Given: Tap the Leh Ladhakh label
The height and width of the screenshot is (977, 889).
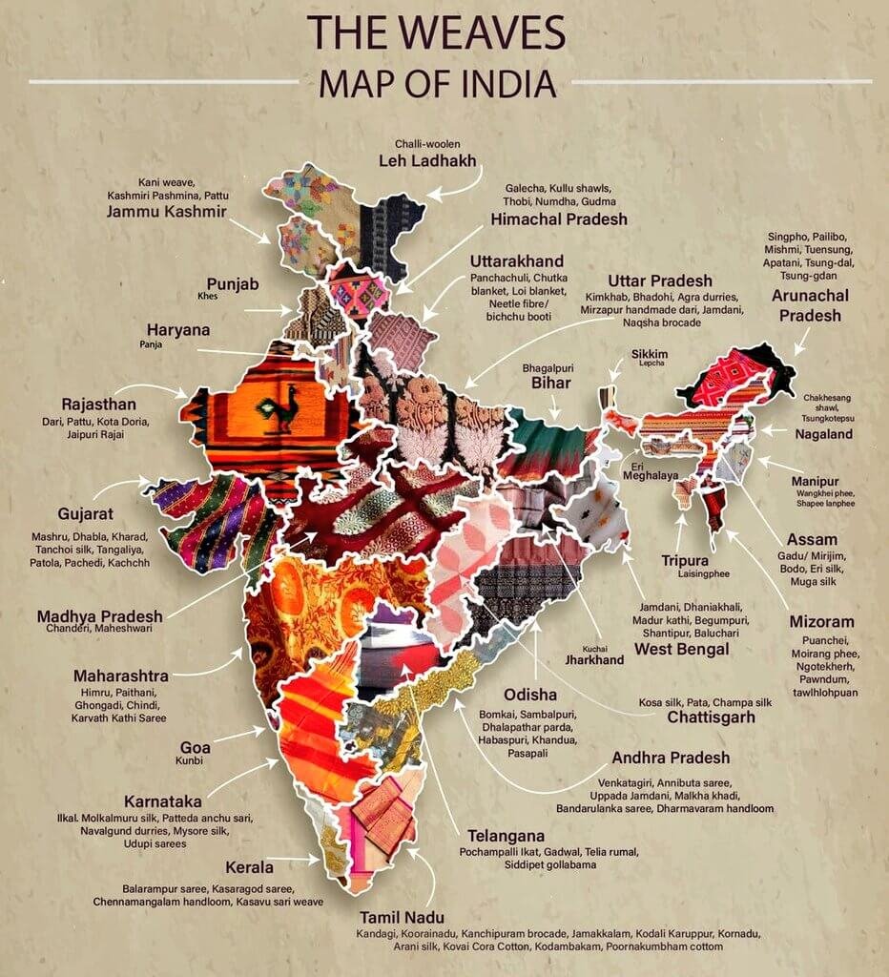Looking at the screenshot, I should [427, 160].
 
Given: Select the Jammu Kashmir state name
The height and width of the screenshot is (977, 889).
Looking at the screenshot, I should [167, 211].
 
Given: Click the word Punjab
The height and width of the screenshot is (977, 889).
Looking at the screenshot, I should [233, 283].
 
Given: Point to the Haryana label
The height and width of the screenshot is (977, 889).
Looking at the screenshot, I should [178, 329].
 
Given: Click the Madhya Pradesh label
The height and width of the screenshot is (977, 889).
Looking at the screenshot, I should [99, 615].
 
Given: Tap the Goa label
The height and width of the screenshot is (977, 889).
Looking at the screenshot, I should [195, 747].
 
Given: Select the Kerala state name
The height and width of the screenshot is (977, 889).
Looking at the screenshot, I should [249, 867].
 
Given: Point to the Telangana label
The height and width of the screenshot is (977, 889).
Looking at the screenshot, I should [506, 836].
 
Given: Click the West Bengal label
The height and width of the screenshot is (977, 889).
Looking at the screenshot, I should [682, 649].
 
